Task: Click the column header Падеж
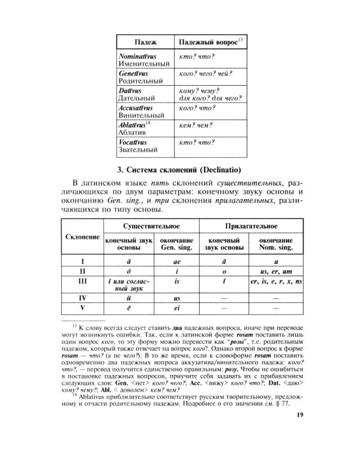(145, 43)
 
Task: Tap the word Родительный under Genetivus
(142, 80)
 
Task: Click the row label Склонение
(82, 237)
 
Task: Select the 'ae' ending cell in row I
(177, 262)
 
